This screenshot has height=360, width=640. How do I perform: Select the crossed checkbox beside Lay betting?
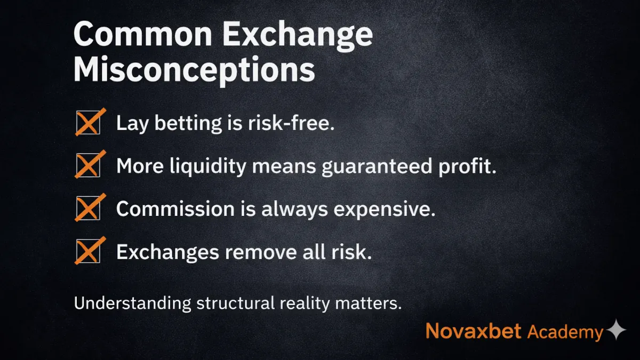click(x=88, y=123)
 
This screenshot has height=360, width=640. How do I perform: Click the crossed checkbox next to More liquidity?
click(x=88, y=166)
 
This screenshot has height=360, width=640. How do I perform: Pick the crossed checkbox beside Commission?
click(x=88, y=209)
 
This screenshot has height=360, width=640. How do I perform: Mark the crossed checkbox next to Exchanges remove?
click(x=88, y=251)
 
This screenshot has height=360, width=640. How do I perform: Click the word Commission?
click(x=175, y=209)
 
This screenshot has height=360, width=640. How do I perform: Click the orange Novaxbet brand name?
click(x=474, y=331)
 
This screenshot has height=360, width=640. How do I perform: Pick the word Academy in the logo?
click(x=565, y=332)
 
